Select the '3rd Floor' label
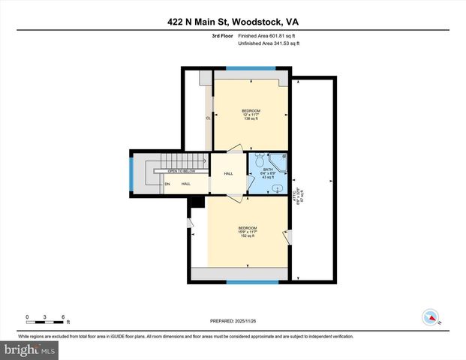click(x=222, y=36)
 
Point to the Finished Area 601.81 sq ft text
click(x=268, y=36)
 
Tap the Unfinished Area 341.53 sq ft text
click(x=269, y=44)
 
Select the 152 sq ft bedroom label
click(x=248, y=232)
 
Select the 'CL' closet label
click(x=208, y=118)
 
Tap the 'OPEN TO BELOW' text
click(x=181, y=171)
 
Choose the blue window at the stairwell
click(x=132, y=175)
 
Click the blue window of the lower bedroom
click(x=248, y=283)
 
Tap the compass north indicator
click(x=431, y=317)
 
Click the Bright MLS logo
click(x=29, y=349)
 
